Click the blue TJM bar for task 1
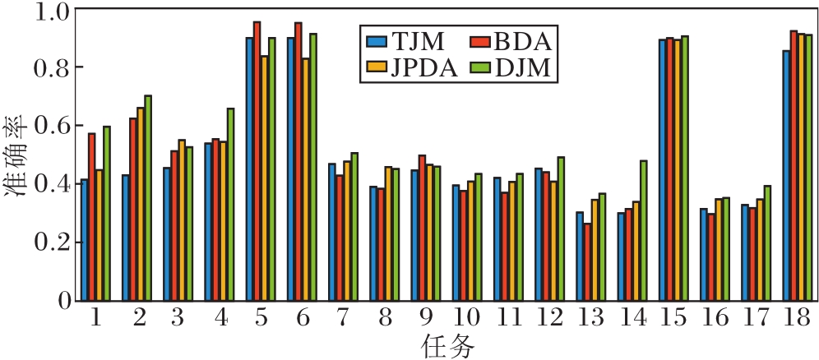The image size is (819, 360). [x=85, y=240]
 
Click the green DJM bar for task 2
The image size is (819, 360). [x=148, y=198]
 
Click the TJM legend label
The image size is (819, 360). [x=418, y=40]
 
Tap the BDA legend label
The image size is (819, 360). [x=521, y=40]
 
